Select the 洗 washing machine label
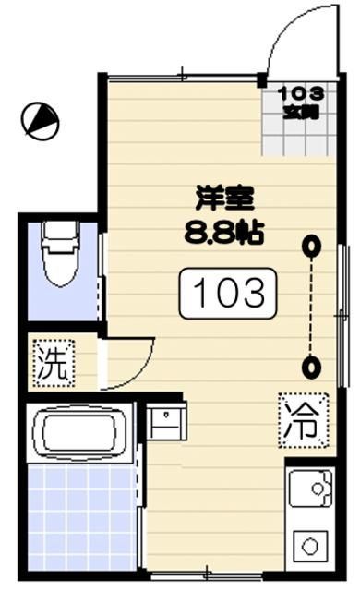pos(52,361)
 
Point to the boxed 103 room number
pos(229,294)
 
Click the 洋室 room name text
pos(224,198)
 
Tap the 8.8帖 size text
pos(224,230)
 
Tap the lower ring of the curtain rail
pos(314,367)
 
